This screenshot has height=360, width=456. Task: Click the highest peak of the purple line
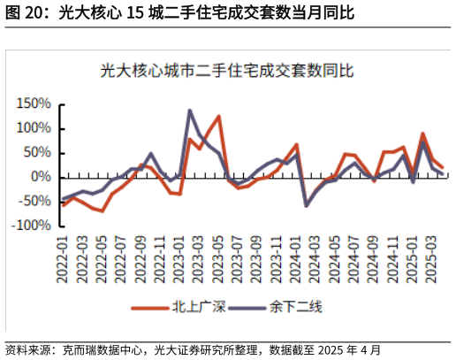coord(190,111)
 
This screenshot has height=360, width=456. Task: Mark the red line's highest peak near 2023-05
coord(218,116)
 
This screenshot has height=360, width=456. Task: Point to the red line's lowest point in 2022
coord(103,211)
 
